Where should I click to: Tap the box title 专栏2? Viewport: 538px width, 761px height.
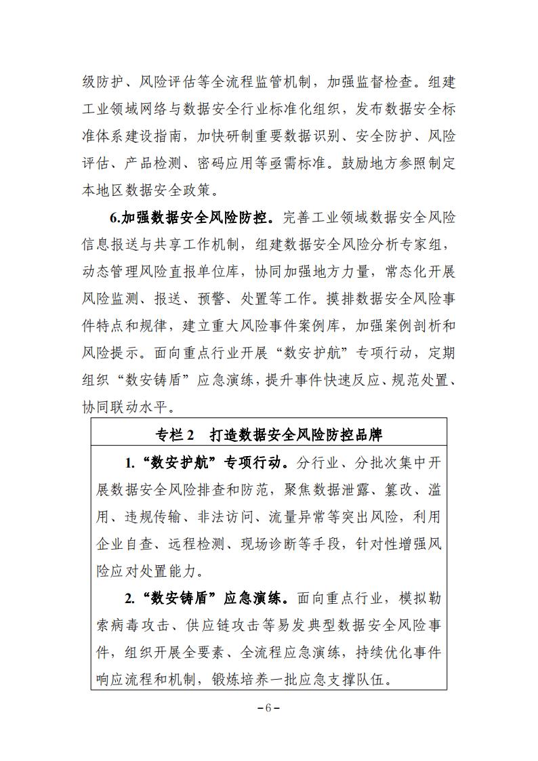tap(175, 433)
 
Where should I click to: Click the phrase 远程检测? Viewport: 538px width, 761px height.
tap(199, 545)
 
